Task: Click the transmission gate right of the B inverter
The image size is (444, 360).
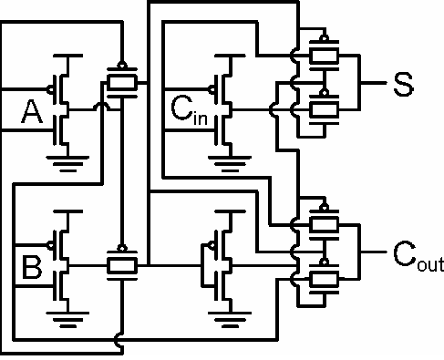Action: click(x=121, y=264)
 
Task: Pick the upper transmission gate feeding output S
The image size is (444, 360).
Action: click(x=325, y=54)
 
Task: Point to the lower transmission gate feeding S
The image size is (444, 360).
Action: click(x=325, y=109)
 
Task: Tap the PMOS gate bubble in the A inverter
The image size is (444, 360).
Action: click(x=54, y=89)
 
